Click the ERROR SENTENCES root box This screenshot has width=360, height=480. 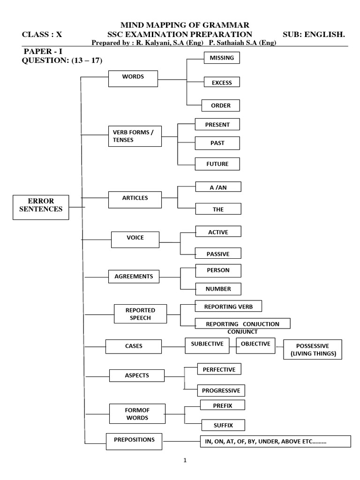pos(41,207)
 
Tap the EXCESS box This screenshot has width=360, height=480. pos(221,82)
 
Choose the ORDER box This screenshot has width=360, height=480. pos(220,105)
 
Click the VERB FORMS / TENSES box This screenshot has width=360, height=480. pos(134,135)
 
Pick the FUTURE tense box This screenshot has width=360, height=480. pos(217,164)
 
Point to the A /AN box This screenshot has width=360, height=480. pos(218,187)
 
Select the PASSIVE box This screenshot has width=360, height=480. pos(218,254)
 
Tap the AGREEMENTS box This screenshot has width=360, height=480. pos(134,277)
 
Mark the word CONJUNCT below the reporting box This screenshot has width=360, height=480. pos(243,332)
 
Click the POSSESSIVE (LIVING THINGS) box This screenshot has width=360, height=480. pos(313,350)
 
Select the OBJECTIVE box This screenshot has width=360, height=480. pos(255,344)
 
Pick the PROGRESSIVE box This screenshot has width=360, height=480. pos(221,390)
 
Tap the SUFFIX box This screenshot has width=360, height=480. pos(217,425)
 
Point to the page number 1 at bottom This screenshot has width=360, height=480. pos(185,460)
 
